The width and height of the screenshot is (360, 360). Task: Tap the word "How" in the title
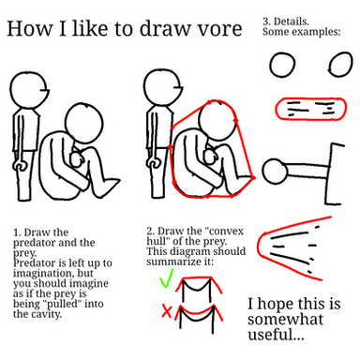coord(30,28)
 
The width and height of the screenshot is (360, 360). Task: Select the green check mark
coord(166,278)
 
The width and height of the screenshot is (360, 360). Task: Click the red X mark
coord(167,310)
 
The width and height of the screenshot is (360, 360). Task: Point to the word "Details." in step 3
coord(291,22)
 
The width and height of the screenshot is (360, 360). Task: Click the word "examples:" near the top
coord(318,32)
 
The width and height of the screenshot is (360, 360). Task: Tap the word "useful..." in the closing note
coord(276,334)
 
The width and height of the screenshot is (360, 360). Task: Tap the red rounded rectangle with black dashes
coord(310,109)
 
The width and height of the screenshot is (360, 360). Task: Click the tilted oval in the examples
coord(341,65)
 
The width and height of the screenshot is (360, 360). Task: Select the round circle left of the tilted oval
coord(282,65)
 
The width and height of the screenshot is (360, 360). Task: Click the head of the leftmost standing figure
coord(29,91)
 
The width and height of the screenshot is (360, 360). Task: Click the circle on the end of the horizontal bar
coord(275,171)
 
